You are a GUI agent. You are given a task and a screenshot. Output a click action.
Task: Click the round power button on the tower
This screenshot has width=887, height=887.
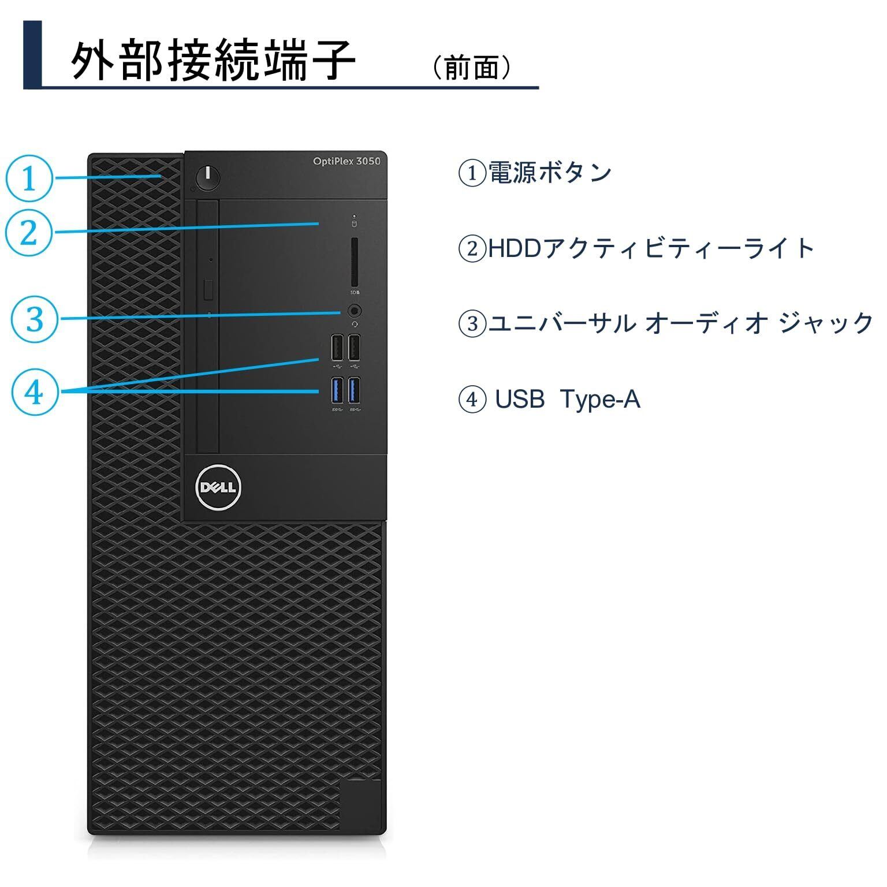click(x=208, y=177)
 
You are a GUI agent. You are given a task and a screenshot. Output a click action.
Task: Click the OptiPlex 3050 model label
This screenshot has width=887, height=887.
click(x=346, y=161)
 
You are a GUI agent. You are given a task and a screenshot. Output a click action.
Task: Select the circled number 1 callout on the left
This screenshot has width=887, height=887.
click(x=29, y=178)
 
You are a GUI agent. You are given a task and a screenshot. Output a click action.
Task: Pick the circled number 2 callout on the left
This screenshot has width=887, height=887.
click(x=29, y=233)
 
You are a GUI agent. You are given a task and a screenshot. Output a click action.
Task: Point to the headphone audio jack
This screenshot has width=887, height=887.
click(x=355, y=311)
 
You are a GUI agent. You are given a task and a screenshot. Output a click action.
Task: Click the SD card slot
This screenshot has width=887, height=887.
click(x=355, y=262)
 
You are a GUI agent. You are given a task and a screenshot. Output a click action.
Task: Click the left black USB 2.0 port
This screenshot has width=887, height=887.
click(x=338, y=348)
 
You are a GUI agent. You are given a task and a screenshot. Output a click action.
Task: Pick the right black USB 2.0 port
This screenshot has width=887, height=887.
click(x=355, y=348)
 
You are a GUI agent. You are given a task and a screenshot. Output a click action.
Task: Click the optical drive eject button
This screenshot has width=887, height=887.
click(x=209, y=288)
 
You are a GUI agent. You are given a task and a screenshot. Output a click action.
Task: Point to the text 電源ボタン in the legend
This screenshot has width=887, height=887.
click(x=550, y=172)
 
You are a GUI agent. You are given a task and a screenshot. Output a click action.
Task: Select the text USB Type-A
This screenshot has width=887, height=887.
click(x=567, y=399)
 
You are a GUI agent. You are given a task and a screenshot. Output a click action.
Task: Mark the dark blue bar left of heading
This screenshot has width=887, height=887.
click(x=32, y=54)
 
